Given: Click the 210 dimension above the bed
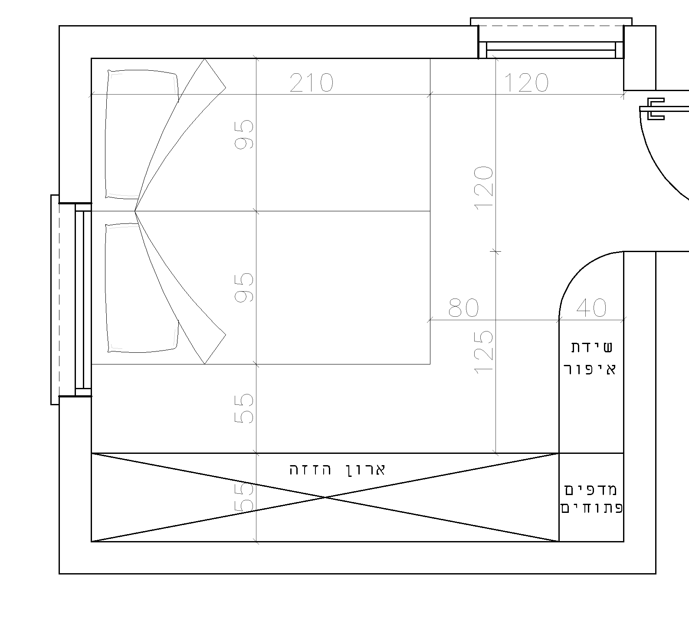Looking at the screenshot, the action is (311, 83).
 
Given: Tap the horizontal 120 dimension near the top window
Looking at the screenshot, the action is (526, 83).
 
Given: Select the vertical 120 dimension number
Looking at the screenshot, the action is (484, 187).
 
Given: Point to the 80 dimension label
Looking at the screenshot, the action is (463, 308).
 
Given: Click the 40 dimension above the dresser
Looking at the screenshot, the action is (591, 308).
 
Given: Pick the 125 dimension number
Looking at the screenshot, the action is (484, 352).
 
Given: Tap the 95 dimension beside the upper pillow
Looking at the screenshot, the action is (244, 135).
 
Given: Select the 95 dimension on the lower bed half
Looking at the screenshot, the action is (244, 287).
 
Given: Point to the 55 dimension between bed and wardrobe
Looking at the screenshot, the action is (244, 408).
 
